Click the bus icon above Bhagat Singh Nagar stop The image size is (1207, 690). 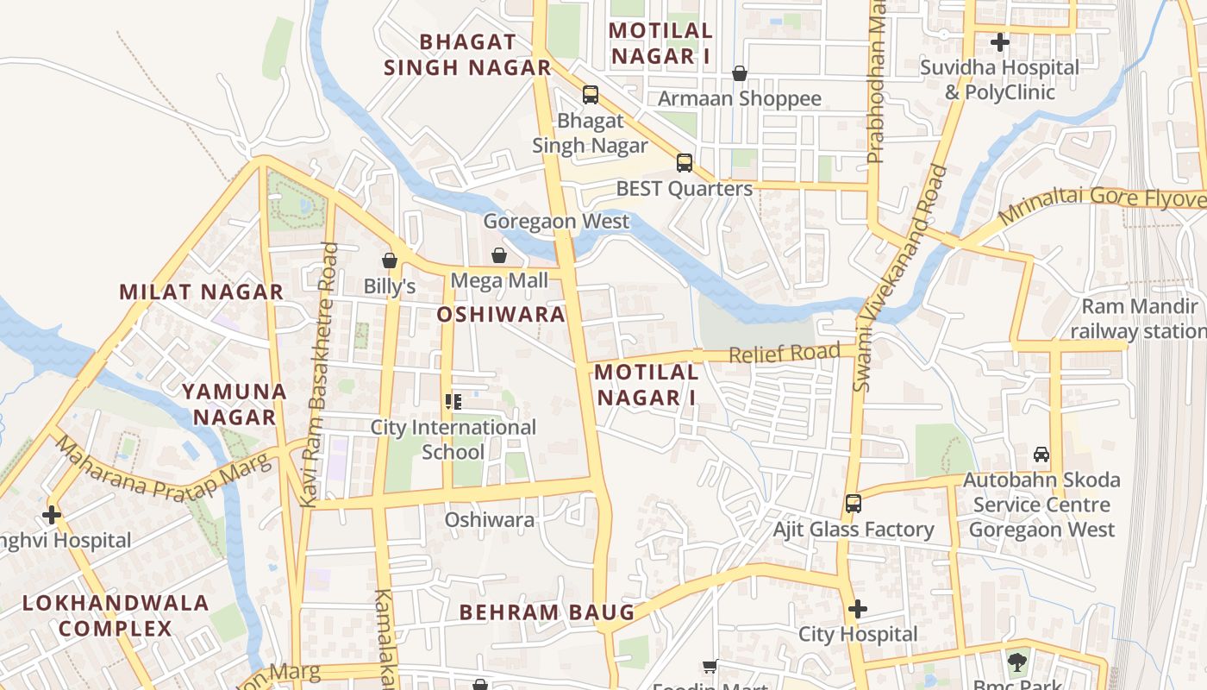(591, 94)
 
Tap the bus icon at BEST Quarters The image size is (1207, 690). (685, 162)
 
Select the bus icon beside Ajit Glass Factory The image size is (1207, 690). (854, 503)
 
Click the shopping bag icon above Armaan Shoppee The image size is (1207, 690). (740, 73)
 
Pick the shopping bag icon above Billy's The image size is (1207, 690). (390, 260)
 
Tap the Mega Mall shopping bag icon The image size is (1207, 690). (499, 255)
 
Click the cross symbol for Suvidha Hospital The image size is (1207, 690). (1000, 41)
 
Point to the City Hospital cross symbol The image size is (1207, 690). (857, 609)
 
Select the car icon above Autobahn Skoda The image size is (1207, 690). (1041, 454)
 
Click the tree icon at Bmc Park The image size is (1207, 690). (1017, 662)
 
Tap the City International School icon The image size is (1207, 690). (453, 401)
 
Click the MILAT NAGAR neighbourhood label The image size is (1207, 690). (202, 292)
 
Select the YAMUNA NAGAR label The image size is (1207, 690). (234, 405)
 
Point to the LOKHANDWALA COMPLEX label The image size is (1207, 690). (116, 615)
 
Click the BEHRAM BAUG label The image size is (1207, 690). (547, 612)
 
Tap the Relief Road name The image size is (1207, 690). (784, 353)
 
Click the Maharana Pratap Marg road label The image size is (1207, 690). (163, 471)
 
